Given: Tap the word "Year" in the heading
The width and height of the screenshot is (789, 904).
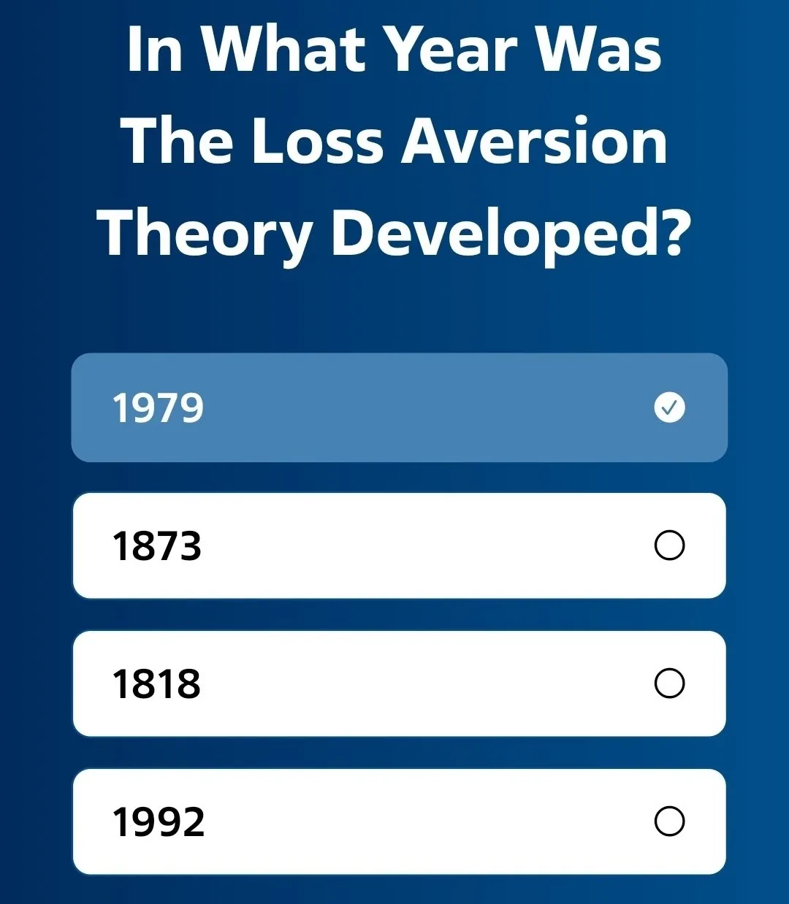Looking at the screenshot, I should (x=451, y=50).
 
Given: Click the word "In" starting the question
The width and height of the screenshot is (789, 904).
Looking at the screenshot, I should (x=154, y=50).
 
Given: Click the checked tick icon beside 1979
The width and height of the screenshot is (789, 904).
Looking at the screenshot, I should (x=669, y=407).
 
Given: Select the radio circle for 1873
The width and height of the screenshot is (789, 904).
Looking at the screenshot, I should (x=669, y=545).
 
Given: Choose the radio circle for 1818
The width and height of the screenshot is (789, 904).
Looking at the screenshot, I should (x=669, y=683).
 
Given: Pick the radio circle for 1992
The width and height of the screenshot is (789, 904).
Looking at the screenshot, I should (x=669, y=821).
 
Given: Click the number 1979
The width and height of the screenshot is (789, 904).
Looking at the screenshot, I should (x=158, y=407).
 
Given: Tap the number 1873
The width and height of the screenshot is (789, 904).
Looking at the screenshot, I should (x=156, y=546).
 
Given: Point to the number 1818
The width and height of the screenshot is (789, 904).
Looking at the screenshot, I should (x=156, y=684).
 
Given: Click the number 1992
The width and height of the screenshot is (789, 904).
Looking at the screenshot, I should (x=158, y=822).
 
